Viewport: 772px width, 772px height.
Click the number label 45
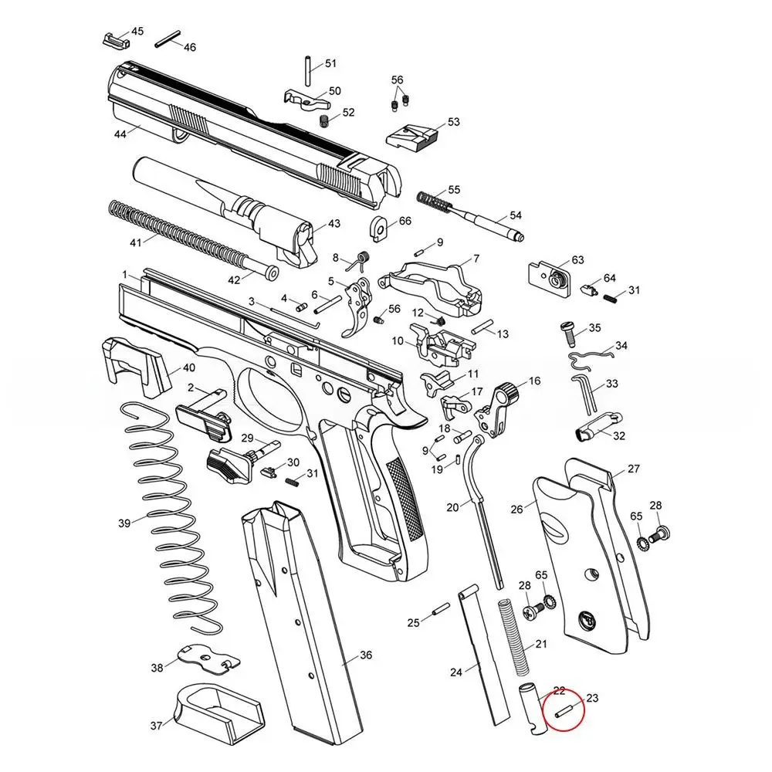(137, 32)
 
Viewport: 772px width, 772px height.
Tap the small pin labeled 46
(168, 39)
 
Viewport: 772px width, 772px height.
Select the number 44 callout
(120, 134)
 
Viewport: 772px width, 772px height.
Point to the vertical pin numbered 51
(308, 66)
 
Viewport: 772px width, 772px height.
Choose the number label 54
(516, 215)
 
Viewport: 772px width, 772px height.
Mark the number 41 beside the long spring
(136, 242)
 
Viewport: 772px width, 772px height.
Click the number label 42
(234, 279)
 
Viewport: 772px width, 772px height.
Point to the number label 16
(534, 381)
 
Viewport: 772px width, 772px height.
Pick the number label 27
(633, 469)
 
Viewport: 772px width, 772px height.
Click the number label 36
(365, 655)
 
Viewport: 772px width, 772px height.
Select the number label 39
(124, 523)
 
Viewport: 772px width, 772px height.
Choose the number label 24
(455, 672)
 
